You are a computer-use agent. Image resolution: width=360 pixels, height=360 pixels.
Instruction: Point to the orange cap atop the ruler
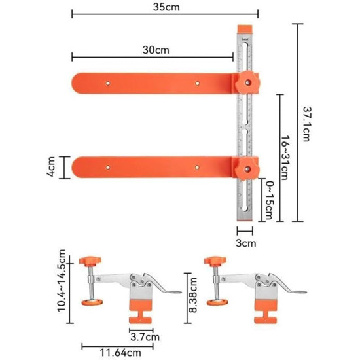click(x=247, y=26)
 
